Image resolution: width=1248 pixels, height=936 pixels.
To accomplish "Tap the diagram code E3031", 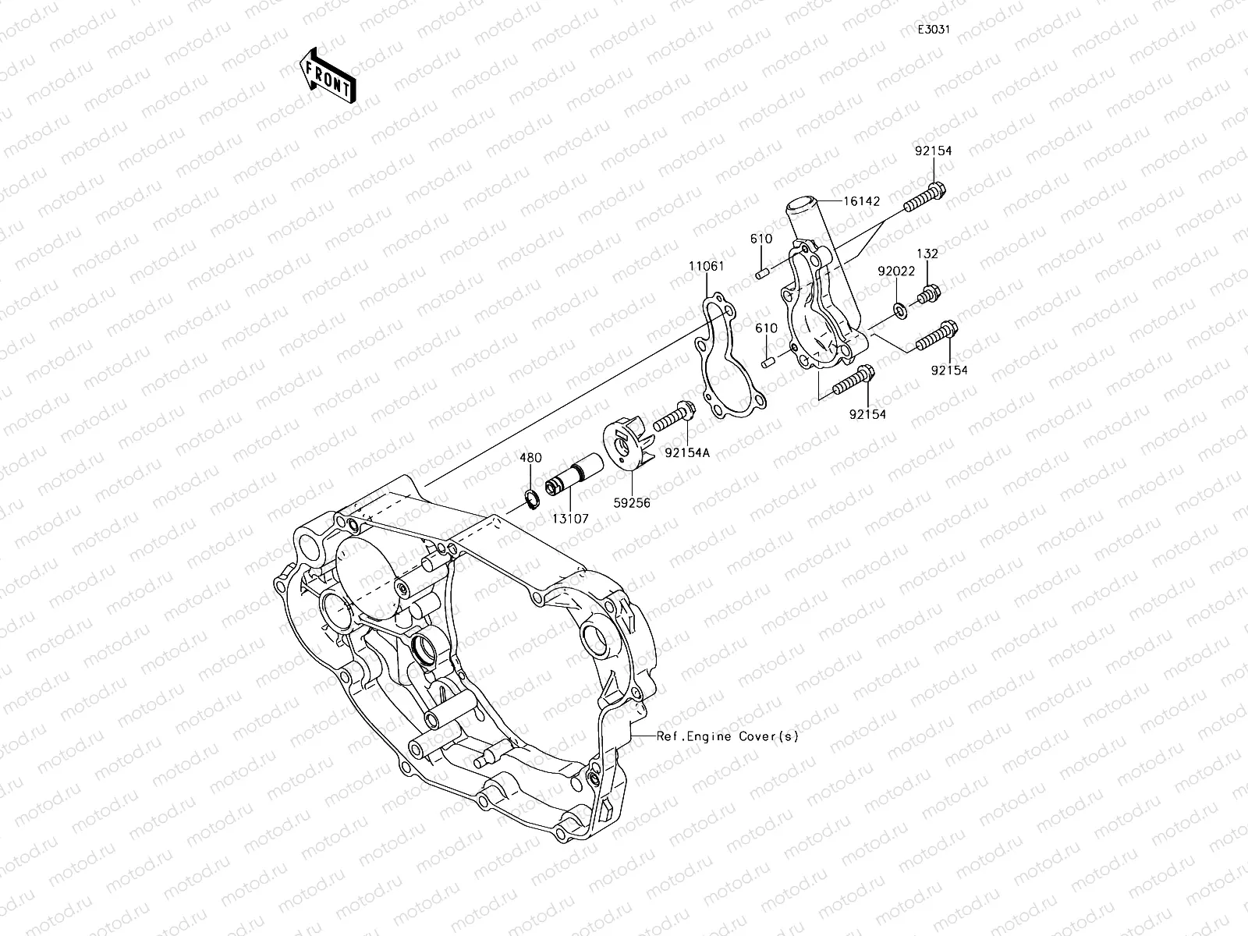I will click(933, 30).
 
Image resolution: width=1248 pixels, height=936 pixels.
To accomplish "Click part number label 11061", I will click(706, 266).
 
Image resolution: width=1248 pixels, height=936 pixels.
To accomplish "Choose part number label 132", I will click(927, 253).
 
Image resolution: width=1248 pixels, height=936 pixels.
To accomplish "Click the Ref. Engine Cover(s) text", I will click(727, 736).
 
